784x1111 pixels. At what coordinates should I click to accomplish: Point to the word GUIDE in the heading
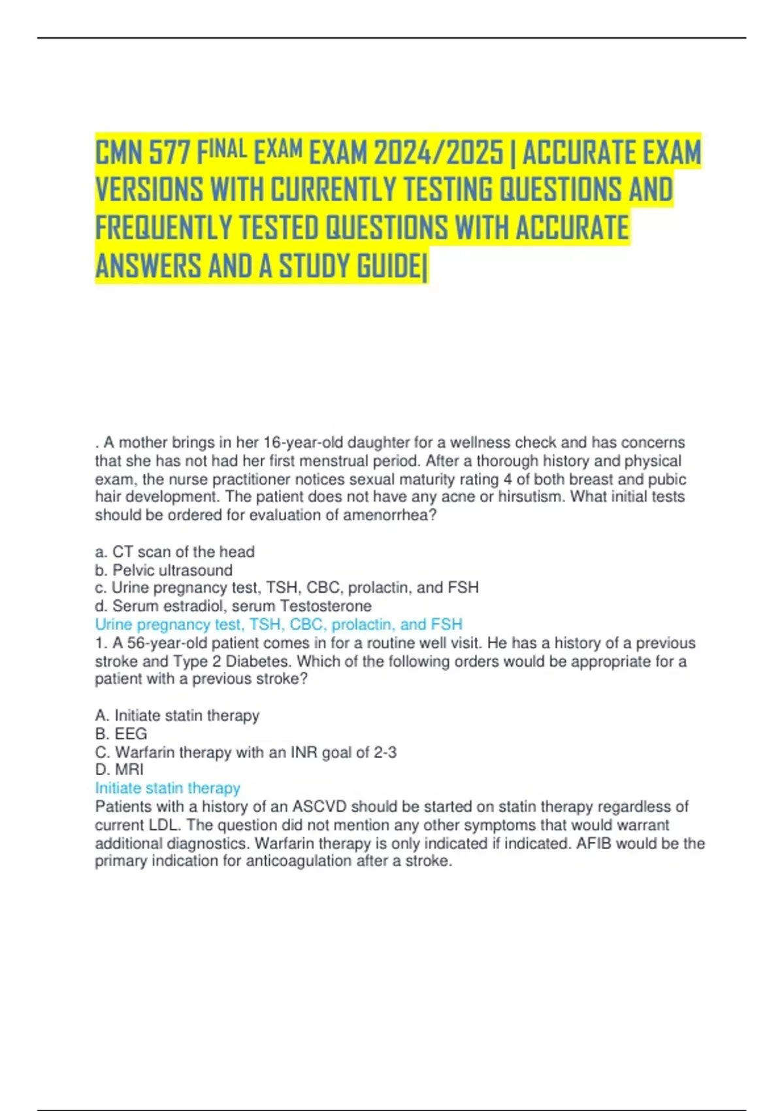coord(388,266)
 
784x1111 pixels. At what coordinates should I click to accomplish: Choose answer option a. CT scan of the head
coord(174,552)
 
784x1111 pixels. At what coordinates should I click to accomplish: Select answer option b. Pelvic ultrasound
coord(163,570)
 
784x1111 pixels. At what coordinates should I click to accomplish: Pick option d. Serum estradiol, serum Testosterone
coord(233,606)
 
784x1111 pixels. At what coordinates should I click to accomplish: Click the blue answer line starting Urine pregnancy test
coord(278,624)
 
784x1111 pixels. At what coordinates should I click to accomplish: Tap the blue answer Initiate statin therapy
coord(167,788)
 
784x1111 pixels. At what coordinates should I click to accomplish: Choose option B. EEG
coord(121,733)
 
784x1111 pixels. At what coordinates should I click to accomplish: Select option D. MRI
coord(119,769)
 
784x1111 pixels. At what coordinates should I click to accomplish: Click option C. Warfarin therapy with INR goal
coord(246,752)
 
